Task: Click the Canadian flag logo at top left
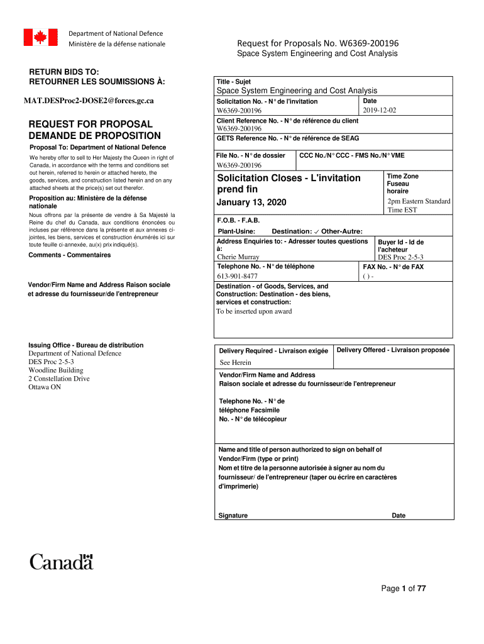tap(40, 38)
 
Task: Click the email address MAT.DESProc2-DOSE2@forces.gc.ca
tap(89, 100)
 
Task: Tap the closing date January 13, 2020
tap(251, 202)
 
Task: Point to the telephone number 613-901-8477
tap(237, 276)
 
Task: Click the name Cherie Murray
tap(238, 257)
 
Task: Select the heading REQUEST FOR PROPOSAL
tap(91, 124)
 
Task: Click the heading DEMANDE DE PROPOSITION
tap(95, 136)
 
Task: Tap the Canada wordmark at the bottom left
tap(62, 561)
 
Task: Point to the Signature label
tap(233, 516)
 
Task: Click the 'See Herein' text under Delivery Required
tap(235, 362)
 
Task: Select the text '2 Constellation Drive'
tap(59, 379)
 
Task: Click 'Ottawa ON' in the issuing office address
tap(45, 387)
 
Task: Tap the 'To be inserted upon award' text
tap(254, 311)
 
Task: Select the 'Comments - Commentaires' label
tap(70, 255)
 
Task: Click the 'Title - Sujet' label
tap(234, 82)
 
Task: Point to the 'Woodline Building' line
tap(55, 370)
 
